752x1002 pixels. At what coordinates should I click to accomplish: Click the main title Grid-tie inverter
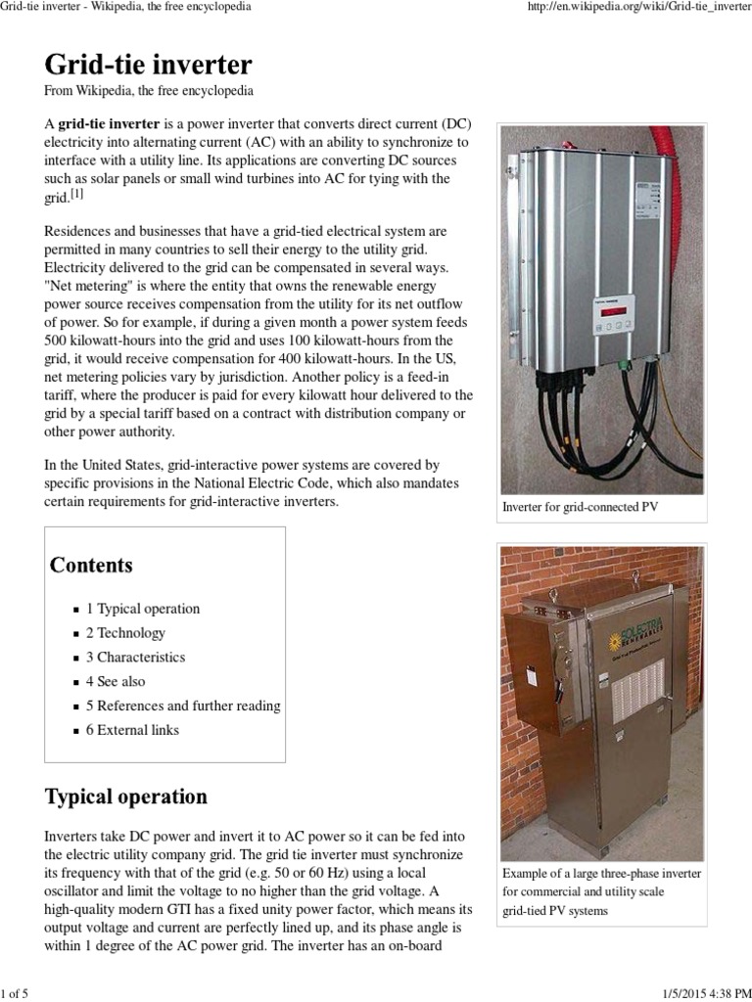pyautogui.click(x=148, y=65)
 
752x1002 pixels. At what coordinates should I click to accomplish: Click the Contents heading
pyautogui.click(x=91, y=566)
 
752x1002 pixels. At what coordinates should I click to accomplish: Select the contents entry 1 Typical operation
pyautogui.click(x=142, y=609)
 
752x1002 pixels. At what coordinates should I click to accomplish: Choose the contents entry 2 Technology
pyautogui.click(x=125, y=633)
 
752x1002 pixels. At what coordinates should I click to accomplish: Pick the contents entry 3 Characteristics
pyautogui.click(x=135, y=658)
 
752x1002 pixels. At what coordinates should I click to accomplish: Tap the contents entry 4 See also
pyautogui.click(x=116, y=681)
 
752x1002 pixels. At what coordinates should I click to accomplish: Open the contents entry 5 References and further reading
pyautogui.click(x=183, y=706)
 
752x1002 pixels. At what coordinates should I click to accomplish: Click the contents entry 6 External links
pyautogui.click(x=132, y=730)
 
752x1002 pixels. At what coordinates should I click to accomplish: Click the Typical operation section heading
pyautogui.click(x=126, y=797)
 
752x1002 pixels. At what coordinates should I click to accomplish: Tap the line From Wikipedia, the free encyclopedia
pyautogui.click(x=150, y=91)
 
